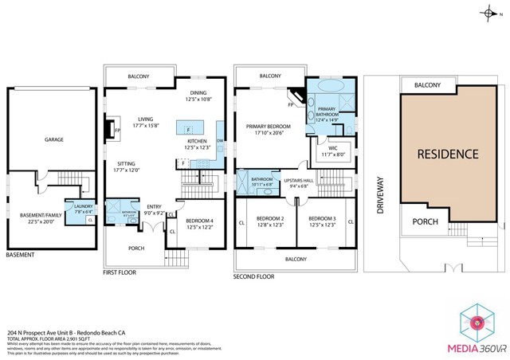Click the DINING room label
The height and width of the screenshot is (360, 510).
click(198, 93)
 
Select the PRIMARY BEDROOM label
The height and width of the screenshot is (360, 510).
click(268, 127)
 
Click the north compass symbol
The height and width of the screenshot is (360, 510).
click(488, 13)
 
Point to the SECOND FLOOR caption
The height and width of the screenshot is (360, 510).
click(255, 276)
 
